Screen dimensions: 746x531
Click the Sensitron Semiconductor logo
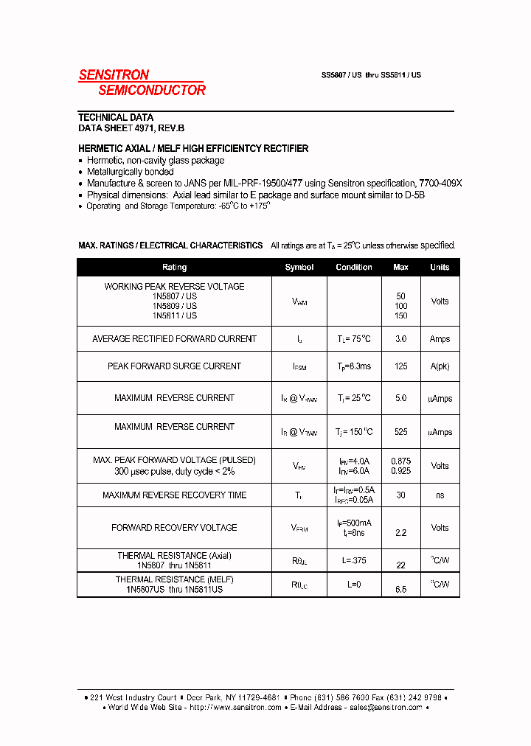pyautogui.click(x=142, y=83)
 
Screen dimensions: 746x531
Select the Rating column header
pyautogui.click(x=174, y=267)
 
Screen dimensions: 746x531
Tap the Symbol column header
pyautogui.click(x=299, y=267)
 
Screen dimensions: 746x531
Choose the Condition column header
pyautogui.click(x=354, y=267)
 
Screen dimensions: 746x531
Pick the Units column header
pyautogui.click(x=440, y=267)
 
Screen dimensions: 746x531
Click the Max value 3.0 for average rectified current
pyautogui.click(x=401, y=339)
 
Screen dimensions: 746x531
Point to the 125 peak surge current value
pyautogui.click(x=401, y=366)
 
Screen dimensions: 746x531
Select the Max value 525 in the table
pyautogui.click(x=401, y=432)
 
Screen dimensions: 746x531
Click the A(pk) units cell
pyautogui.click(x=440, y=366)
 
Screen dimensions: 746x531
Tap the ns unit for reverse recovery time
pyautogui.click(x=440, y=495)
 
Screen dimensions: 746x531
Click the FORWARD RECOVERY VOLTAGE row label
pyautogui.click(x=174, y=528)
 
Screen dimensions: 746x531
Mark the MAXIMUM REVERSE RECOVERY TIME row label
pyautogui.click(x=174, y=495)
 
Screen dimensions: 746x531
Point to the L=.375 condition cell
pyautogui.click(x=354, y=561)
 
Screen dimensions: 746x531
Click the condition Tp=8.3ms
pyautogui.click(x=354, y=366)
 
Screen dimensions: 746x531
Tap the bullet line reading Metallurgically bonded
pyautogui.click(x=131, y=172)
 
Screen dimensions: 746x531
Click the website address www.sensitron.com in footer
pyautogui.click(x=246, y=707)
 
